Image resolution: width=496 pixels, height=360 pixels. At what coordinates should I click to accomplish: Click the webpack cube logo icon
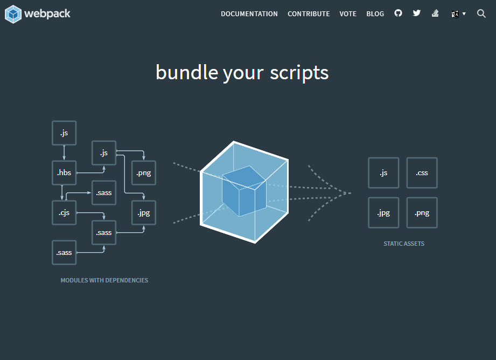(x=13, y=14)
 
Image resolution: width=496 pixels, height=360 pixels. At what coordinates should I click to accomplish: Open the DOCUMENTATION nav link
(x=249, y=14)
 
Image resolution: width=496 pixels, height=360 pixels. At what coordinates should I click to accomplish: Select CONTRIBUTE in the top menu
(x=309, y=14)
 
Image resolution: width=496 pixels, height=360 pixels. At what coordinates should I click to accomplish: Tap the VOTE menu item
(x=348, y=14)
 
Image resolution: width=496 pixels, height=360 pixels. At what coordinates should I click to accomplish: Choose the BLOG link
(x=375, y=14)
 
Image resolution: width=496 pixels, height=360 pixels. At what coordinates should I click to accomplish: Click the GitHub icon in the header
(x=399, y=13)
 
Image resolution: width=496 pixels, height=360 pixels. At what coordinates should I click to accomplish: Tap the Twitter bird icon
(x=417, y=13)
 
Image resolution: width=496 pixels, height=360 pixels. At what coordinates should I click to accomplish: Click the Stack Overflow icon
(x=435, y=13)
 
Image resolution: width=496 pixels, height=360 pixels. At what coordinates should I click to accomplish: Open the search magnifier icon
(x=481, y=13)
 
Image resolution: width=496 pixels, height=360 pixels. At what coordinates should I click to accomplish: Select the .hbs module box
(x=64, y=173)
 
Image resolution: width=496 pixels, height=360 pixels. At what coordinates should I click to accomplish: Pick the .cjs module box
(x=64, y=213)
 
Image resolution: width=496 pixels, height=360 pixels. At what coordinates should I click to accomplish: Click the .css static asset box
(x=422, y=173)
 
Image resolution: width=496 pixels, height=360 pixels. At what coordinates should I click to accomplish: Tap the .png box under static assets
(x=422, y=213)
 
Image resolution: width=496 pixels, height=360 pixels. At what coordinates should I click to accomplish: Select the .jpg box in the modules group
(x=144, y=213)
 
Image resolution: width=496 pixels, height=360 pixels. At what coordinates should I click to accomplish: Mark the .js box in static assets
(x=383, y=173)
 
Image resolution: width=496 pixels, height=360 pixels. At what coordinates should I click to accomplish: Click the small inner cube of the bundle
(x=244, y=191)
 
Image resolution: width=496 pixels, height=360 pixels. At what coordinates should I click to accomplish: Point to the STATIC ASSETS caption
(x=404, y=244)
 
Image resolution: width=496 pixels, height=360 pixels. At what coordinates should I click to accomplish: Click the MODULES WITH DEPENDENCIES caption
(x=104, y=280)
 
